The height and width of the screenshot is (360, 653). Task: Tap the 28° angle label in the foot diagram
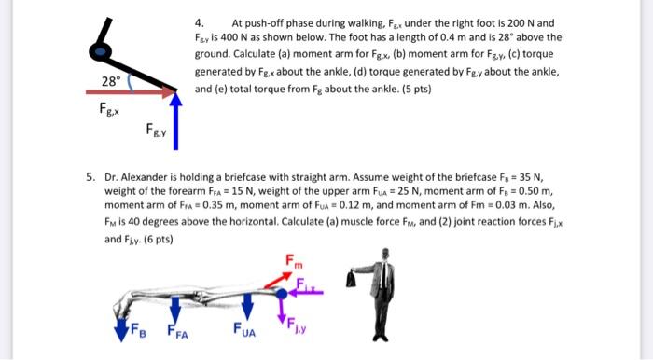109,80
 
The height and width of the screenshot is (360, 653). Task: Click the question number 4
198,21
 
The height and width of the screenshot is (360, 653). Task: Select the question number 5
91,174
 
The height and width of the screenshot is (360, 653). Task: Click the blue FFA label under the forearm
177,331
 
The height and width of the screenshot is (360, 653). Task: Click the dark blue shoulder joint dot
282,294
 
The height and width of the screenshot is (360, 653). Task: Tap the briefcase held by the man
354,279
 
